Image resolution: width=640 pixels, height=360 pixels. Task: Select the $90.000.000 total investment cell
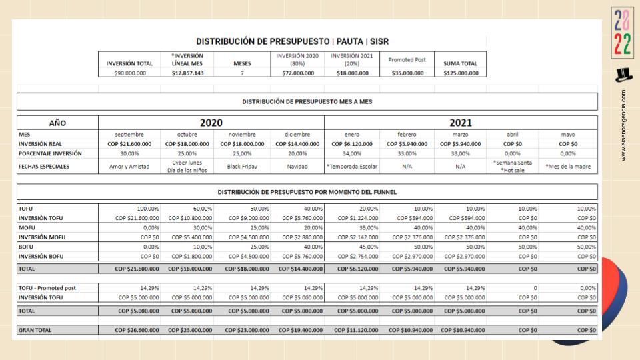130,73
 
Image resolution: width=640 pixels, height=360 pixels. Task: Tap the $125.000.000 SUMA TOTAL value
461,73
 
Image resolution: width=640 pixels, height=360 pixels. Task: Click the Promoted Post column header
407,59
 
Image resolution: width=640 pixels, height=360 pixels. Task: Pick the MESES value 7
243,73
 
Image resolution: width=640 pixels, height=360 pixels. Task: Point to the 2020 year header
211,123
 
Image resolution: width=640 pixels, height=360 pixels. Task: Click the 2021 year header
461,123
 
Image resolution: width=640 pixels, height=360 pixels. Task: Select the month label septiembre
129,134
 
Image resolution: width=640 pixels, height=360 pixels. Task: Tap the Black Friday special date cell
243,167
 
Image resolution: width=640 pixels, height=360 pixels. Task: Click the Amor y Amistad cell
129,167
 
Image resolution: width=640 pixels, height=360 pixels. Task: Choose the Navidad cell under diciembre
297,167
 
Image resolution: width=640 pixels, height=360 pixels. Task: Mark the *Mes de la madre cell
569,167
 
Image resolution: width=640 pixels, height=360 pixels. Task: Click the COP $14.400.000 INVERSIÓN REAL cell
297,143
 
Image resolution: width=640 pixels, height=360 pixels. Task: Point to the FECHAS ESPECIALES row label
44,167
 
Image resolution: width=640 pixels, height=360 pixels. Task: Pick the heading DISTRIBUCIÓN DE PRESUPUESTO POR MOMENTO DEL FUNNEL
307,192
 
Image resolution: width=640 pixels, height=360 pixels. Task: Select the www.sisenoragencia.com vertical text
623,125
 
